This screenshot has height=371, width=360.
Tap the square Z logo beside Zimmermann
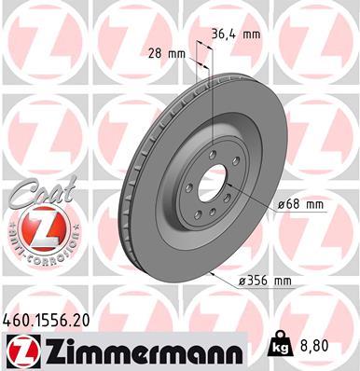20,350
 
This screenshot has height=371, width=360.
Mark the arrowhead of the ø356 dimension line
214,276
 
